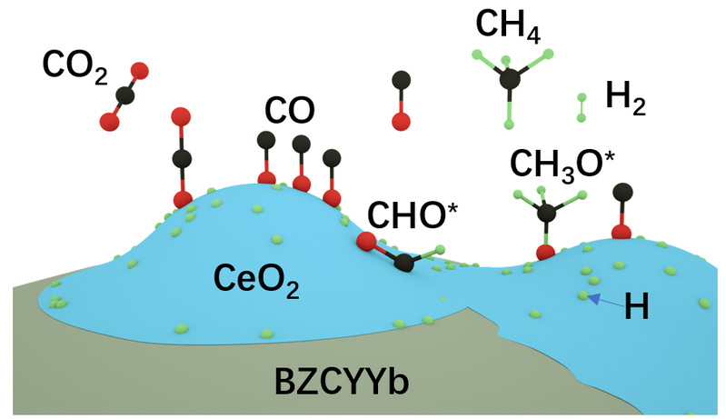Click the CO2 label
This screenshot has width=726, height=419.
[74, 67]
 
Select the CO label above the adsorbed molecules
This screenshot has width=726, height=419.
[290, 111]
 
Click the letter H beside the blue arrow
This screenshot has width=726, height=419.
[637, 307]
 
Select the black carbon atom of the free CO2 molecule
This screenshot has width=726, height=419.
[124, 94]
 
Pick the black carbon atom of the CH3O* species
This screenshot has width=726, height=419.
[546, 212]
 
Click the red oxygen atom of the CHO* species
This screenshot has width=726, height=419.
[365, 241]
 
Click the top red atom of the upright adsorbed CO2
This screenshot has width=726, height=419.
[181, 116]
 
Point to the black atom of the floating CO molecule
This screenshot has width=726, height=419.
[398, 81]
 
